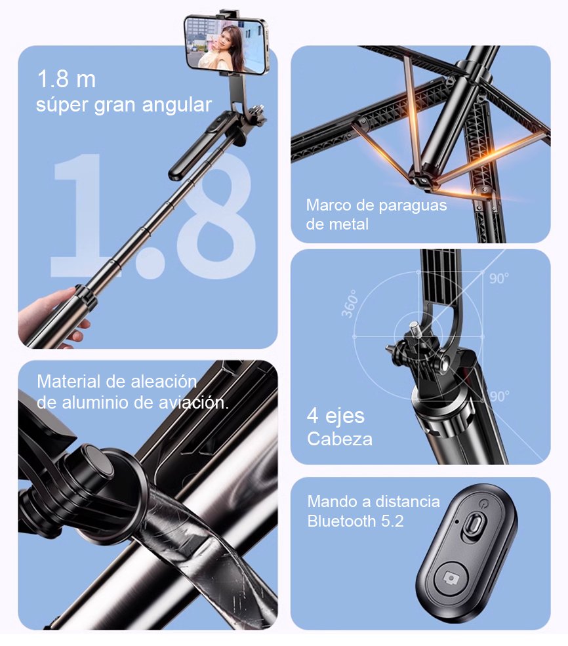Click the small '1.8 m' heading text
point(66,79)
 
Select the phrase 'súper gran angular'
point(124,104)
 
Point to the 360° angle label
point(349,303)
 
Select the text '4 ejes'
point(336,416)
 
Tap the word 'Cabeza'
point(340,439)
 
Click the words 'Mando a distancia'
point(374,502)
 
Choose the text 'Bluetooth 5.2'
point(355,522)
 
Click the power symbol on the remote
point(484,504)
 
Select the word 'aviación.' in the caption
point(197,403)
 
